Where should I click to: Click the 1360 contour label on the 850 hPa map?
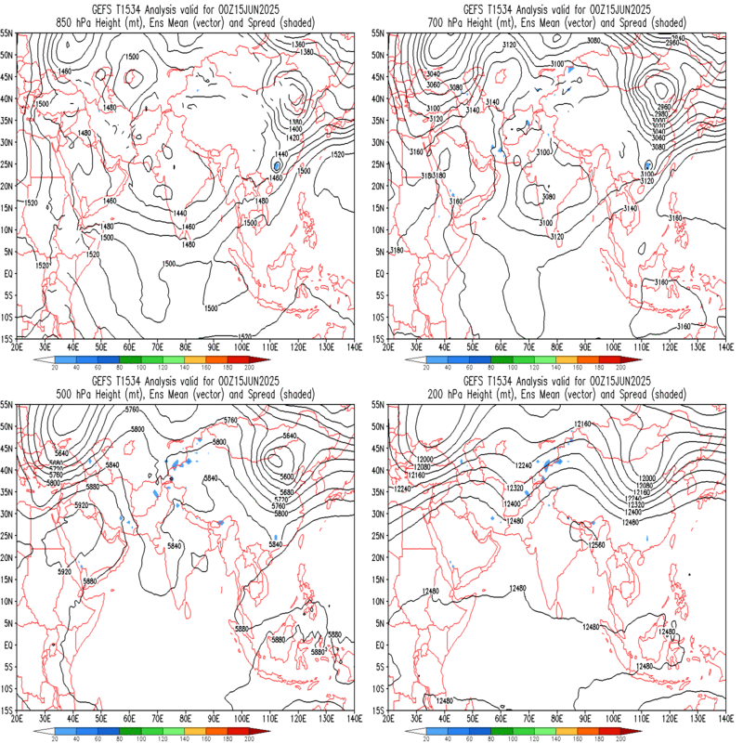[x=298, y=45]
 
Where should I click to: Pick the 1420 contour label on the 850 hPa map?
[x=295, y=137]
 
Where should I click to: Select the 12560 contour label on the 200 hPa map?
[x=597, y=545]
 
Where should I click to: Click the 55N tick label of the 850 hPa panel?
[x=7, y=33]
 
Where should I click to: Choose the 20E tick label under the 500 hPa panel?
[x=19, y=718]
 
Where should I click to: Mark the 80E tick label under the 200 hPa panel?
[x=557, y=718]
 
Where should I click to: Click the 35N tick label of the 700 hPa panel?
[x=378, y=121]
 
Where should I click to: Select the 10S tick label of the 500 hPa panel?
[x=7, y=689]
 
